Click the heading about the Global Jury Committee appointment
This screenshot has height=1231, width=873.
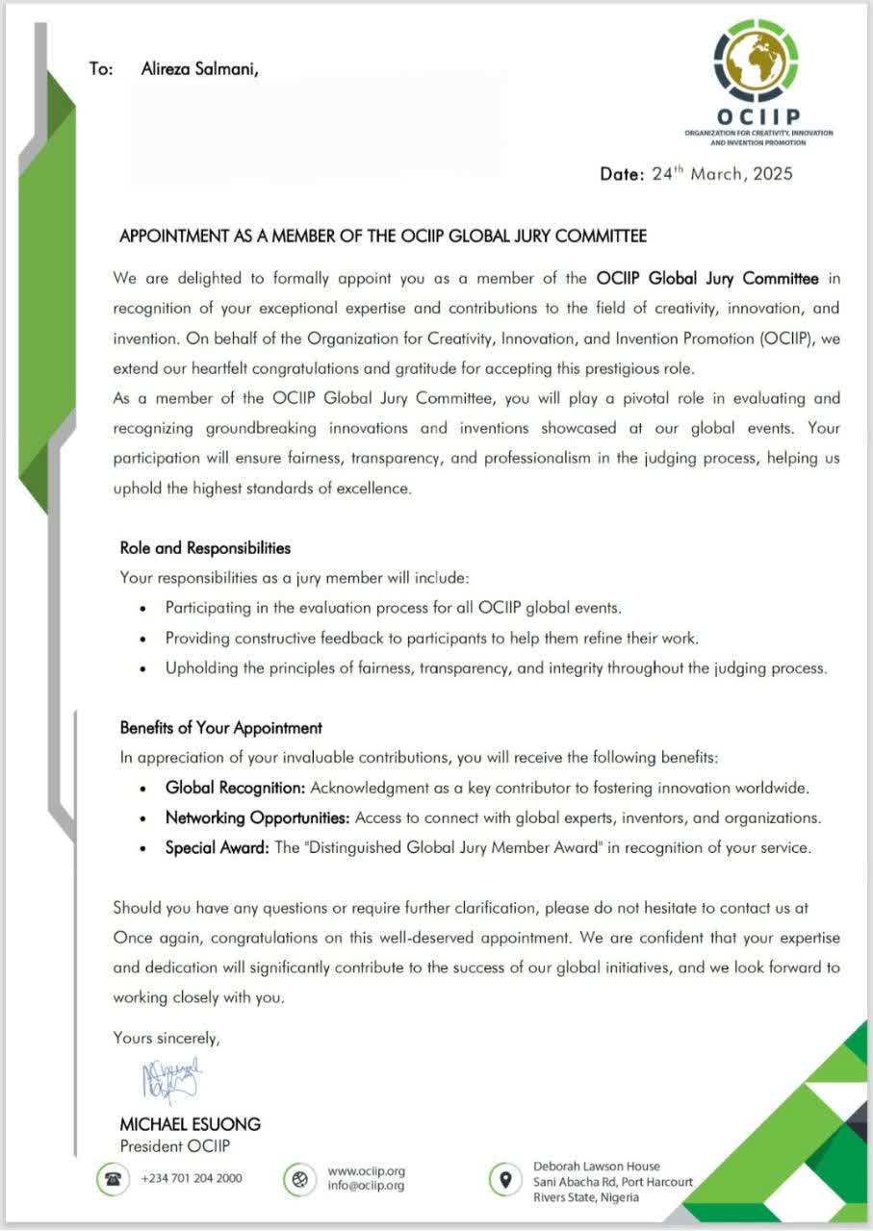pos(383,236)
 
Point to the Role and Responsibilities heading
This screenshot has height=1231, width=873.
pos(205,548)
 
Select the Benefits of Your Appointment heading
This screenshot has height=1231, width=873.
pos(221,728)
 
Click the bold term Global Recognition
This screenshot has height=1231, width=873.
pos(236,789)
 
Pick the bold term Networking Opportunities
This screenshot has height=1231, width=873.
pos(258,818)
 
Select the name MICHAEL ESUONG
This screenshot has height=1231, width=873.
pos(190,1124)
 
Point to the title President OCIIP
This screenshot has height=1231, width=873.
pos(175,1145)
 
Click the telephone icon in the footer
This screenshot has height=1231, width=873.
pos(112,1179)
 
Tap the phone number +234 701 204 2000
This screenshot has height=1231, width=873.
pos(192,1179)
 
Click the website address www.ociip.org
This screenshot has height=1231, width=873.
pos(366,1171)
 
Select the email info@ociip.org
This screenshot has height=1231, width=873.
pos(366,1186)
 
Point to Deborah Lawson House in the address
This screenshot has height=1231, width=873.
pos(596,1167)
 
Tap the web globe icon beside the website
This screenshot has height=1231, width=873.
pos(300,1179)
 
